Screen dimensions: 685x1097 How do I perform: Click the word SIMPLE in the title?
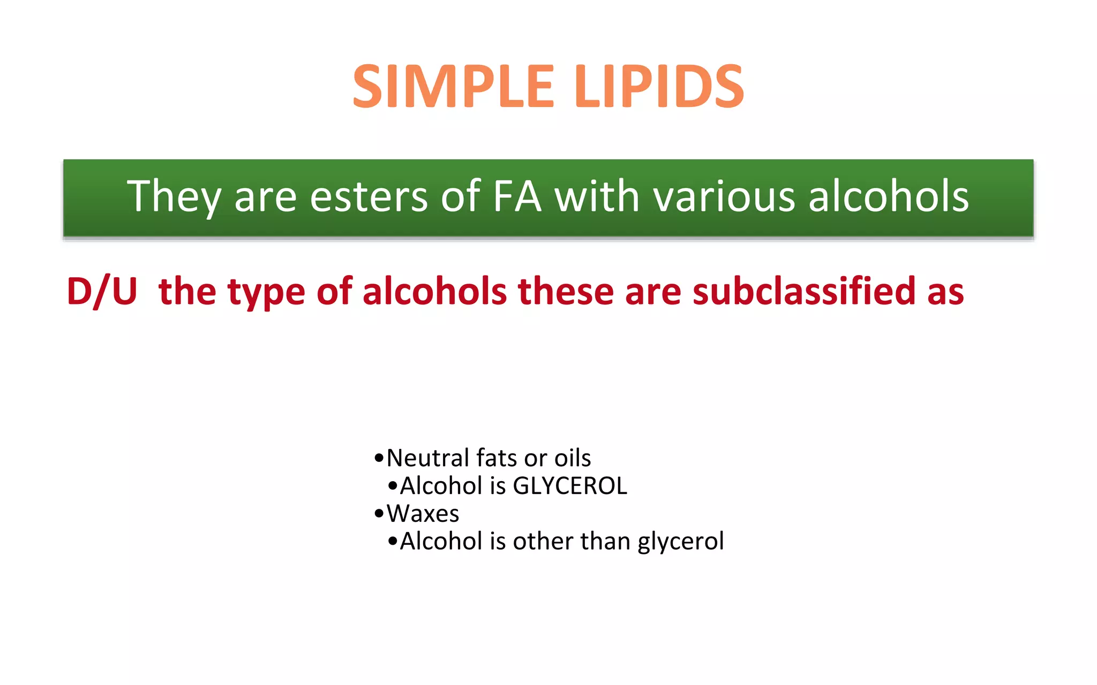tap(453, 87)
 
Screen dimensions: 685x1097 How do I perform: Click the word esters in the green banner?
tap(369, 196)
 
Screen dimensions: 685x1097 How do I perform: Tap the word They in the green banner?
tap(174, 196)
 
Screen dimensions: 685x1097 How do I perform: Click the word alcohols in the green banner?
tap(889, 196)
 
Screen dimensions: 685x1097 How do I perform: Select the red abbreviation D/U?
tap(102, 292)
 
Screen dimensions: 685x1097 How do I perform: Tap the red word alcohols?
tap(434, 292)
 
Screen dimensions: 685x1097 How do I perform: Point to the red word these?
tap(566, 292)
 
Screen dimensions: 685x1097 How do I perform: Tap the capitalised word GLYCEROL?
tap(569, 486)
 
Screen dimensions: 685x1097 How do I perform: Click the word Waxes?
tap(423, 514)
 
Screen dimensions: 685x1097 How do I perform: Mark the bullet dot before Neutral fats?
tap(379, 459)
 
